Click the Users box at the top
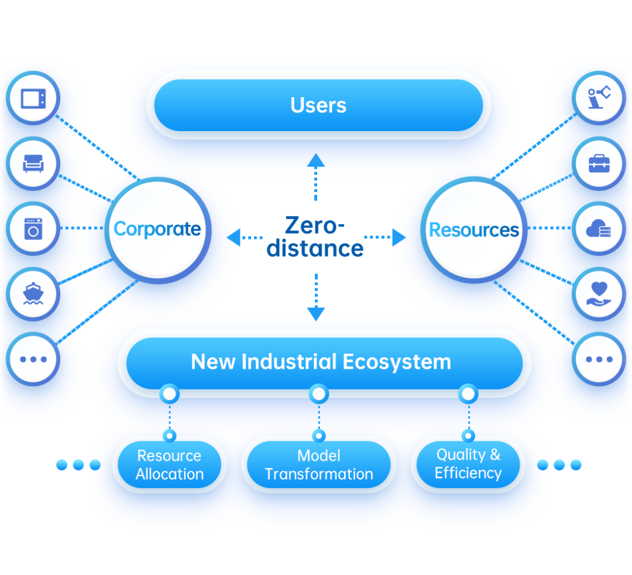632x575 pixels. (x=318, y=105)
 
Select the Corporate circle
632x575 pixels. (x=157, y=229)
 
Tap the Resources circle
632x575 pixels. (x=473, y=230)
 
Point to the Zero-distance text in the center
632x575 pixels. (x=315, y=237)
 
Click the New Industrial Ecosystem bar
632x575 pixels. (x=321, y=362)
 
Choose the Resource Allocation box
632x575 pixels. (x=169, y=464)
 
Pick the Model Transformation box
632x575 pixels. (x=318, y=464)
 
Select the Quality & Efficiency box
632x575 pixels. (x=468, y=464)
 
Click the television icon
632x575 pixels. (x=33, y=98)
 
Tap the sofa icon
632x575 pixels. (x=33, y=164)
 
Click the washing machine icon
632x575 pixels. (x=33, y=228)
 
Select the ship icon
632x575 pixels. (x=33, y=293)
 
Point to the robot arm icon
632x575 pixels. (x=599, y=98)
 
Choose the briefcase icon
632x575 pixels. (x=599, y=164)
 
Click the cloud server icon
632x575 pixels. (x=599, y=229)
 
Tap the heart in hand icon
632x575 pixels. (x=599, y=294)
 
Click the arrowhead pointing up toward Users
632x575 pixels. (x=316, y=160)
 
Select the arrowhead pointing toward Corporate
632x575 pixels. (x=233, y=237)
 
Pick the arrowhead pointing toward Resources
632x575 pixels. (x=400, y=237)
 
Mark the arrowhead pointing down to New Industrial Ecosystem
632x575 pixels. (x=316, y=314)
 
